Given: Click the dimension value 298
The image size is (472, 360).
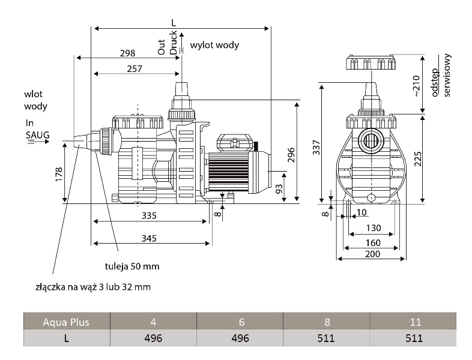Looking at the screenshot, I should pos(127,53).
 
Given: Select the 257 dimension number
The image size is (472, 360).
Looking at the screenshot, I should pos(134,68).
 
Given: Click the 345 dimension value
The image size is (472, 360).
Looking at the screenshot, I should pos(149,238).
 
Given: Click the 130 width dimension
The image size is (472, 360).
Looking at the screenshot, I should pos(373,227).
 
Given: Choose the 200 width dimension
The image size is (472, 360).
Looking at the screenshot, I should pos(373,254).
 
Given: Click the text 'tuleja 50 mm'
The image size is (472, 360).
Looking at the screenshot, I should pos(132,265).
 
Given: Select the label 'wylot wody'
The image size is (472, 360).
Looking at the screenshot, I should pos(214,45).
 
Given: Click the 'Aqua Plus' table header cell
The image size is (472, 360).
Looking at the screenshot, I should pos(66,322).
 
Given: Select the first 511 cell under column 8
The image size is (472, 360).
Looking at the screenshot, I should pos(325,338).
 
